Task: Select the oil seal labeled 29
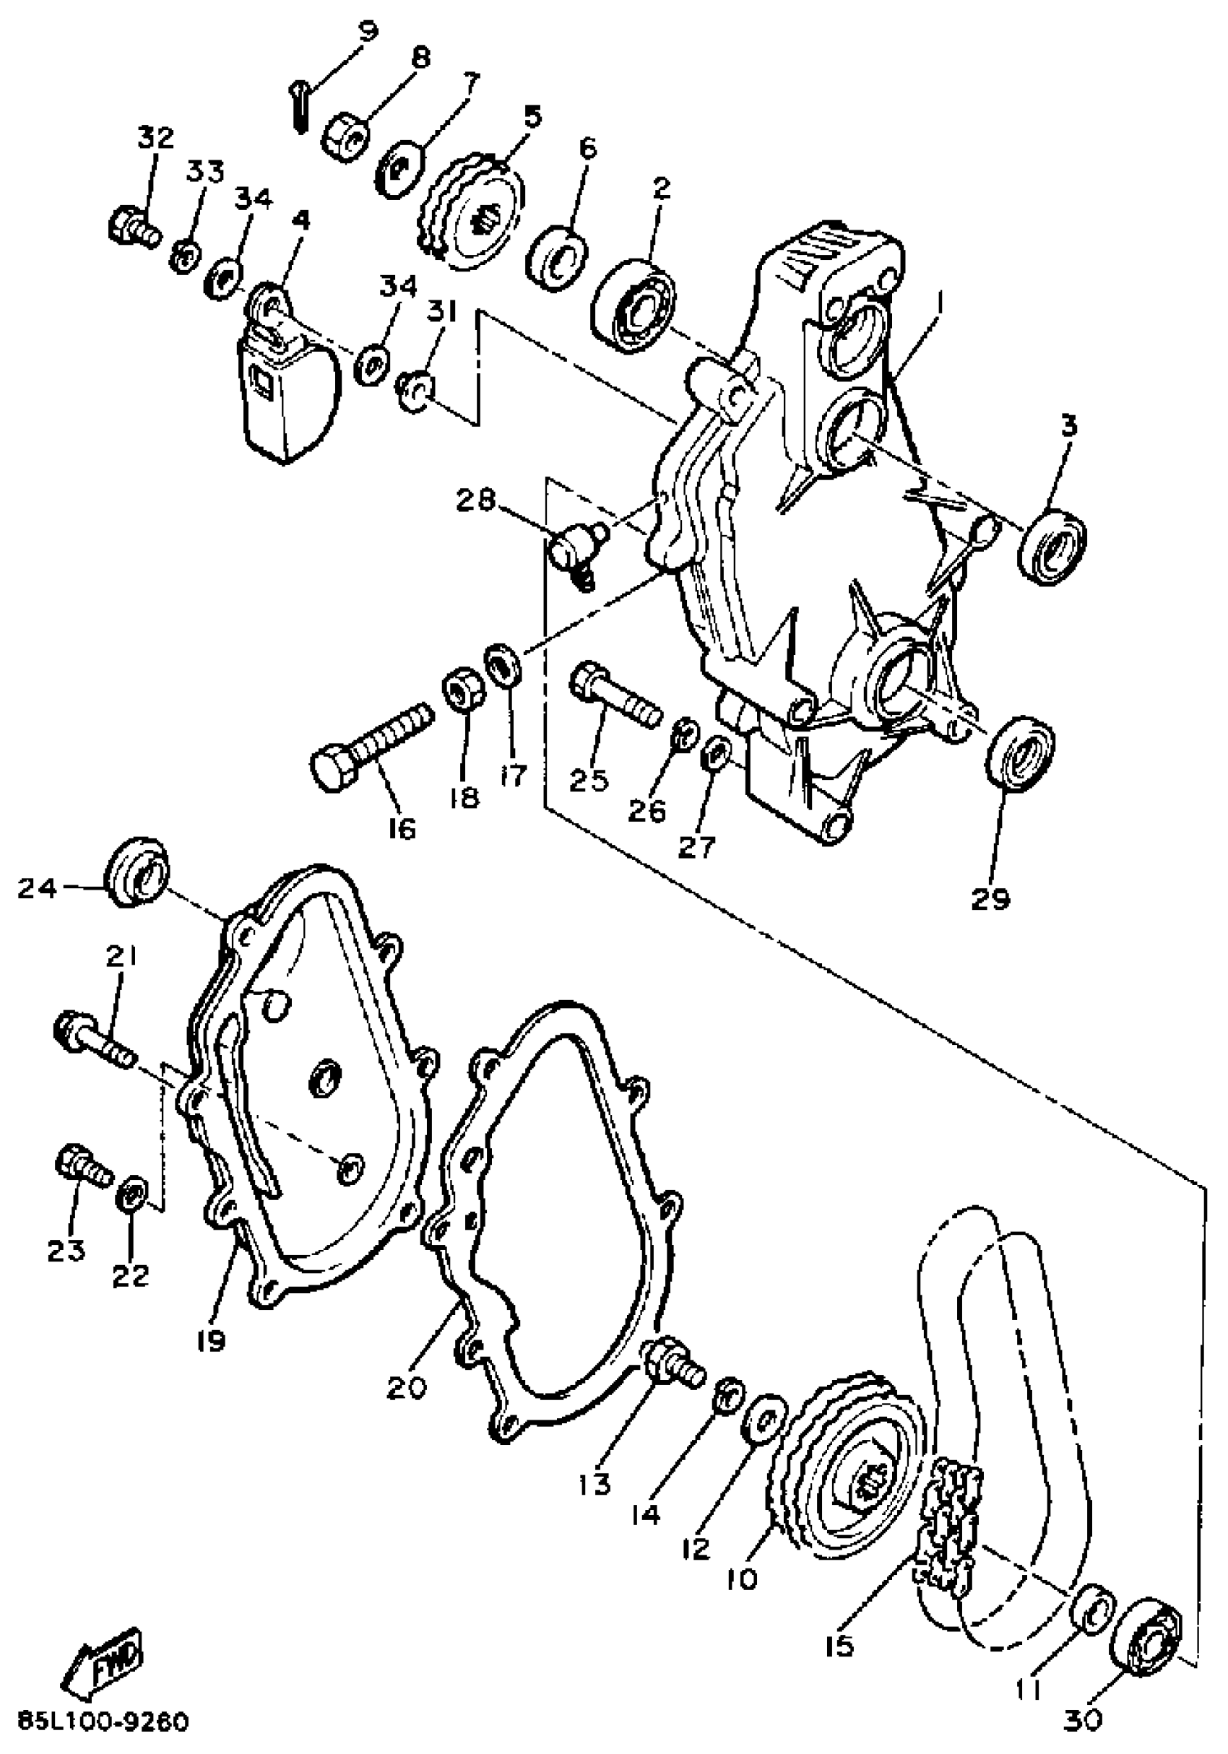[1020, 750]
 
